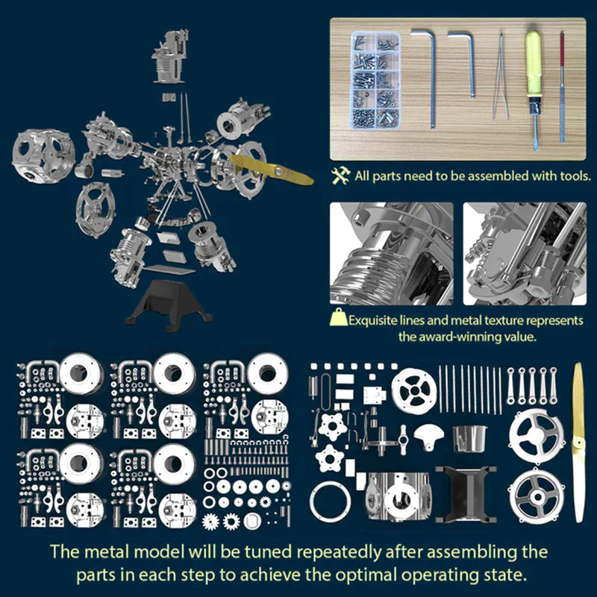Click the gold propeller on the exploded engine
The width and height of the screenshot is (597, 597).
click(272, 169)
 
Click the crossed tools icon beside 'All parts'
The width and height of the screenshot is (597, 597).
click(341, 177)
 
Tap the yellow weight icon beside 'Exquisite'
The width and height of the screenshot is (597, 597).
click(339, 320)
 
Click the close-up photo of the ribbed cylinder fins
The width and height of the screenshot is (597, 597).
click(391, 253)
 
